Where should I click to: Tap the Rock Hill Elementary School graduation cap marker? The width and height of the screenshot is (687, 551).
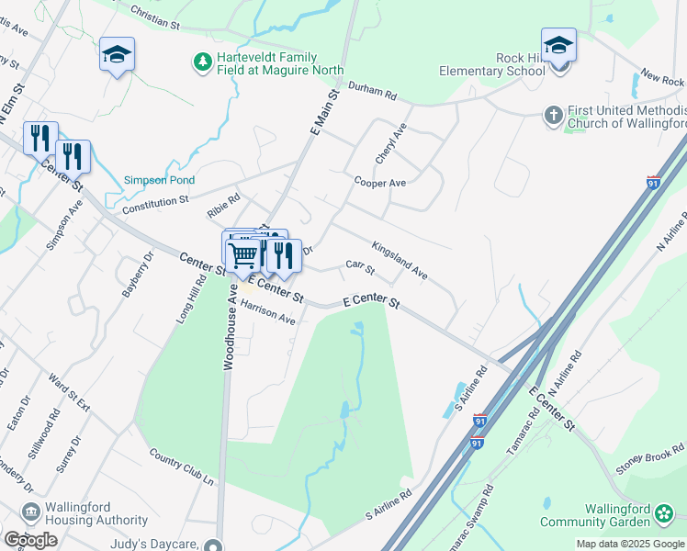pyautogui.click(x=558, y=45)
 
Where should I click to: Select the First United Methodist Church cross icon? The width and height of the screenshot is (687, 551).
pyautogui.click(x=553, y=115)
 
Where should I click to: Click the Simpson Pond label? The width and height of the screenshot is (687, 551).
pyautogui.click(x=160, y=180)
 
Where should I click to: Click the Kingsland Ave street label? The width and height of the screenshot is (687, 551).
pyautogui.click(x=400, y=260)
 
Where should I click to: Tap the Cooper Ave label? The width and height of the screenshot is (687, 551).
pyautogui.click(x=380, y=182)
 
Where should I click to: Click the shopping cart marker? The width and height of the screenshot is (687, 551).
pyautogui.click(x=243, y=254)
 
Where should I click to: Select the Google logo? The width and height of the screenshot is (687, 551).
pyautogui.click(x=30, y=540)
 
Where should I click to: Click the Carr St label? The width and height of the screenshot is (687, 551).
pyautogui.click(x=360, y=267)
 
